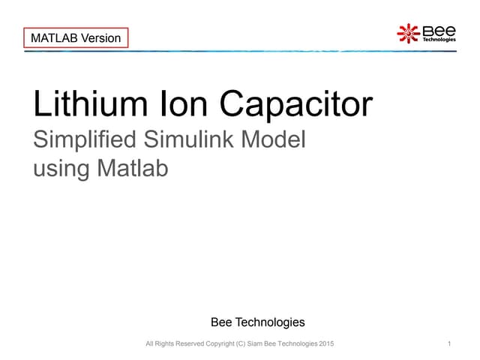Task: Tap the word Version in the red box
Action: coord(100,37)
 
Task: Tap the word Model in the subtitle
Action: coord(274,139)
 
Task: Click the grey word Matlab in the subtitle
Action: coord(133,168)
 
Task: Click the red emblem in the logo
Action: coord(408,33)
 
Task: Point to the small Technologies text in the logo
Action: coord(439,40)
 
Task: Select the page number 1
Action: coord(448,343)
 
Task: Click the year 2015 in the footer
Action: coord(327,343)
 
